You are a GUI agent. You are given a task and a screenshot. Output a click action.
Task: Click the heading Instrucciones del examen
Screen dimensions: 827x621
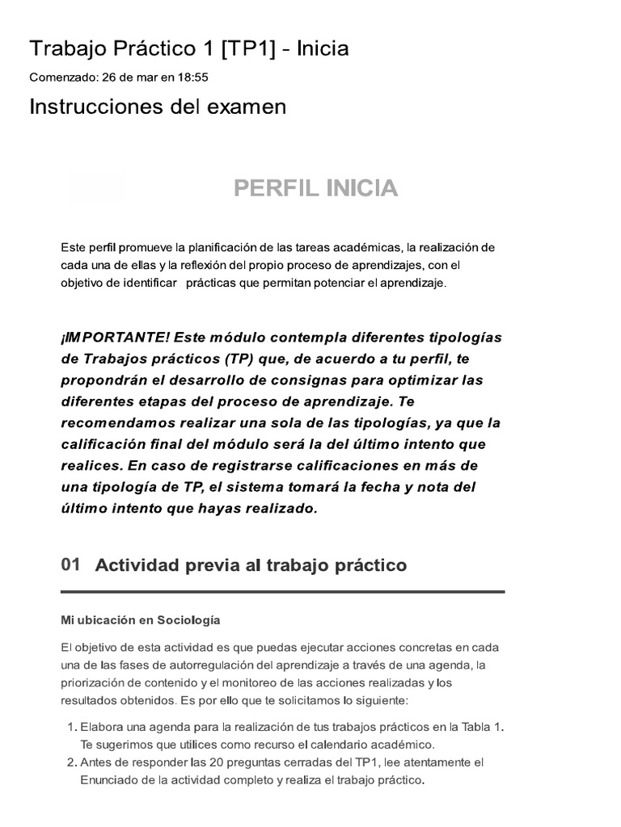tap(158, 107)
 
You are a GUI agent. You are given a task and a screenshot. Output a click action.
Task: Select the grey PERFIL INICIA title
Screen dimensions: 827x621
tap(315, 188)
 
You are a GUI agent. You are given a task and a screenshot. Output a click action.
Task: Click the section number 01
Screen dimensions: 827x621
tap(70, 565)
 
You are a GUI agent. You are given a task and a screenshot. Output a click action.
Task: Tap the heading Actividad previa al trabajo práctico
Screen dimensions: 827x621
tap(251, 565)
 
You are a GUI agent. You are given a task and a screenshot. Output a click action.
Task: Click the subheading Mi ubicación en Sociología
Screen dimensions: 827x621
tap(139, 620)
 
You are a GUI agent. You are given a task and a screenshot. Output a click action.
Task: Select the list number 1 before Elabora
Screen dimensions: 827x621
tap(67, 727)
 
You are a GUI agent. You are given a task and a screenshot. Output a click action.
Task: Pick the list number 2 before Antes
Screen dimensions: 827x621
tap(67, 762)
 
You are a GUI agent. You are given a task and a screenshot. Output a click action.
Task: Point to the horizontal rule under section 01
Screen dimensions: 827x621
tap(283, 592)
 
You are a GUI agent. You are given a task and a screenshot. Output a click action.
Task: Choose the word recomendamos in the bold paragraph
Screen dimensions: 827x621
tap(114, 422)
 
